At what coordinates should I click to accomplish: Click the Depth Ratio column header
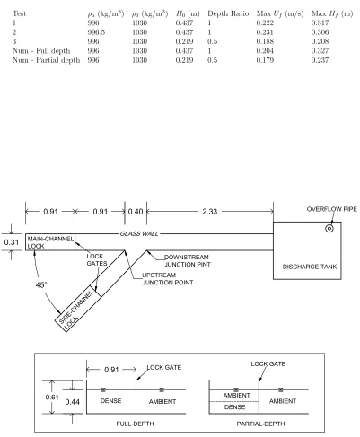pyautogui.click(x=228, y=13)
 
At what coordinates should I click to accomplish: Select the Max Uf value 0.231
pyautogui.click(x=265, y=32)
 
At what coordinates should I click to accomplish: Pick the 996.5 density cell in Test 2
pyautogui.click(x=96, y=32)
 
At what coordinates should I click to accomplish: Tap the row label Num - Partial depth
pyautogui.click(x=47, y=60)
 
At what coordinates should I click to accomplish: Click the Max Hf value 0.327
pyautogui.click(x=320, y=51)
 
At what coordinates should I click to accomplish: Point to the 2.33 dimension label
pyautogui.click(x=209, y=212)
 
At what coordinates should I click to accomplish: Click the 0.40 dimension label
pyautogui.click(x=136, y=212)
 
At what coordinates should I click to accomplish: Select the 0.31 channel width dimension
pyautogui.click(x=12, y=242)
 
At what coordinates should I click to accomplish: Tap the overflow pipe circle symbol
pyautogui.click(x=329, y=229)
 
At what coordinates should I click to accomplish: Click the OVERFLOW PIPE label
pyautogui.click(x=332, y=209)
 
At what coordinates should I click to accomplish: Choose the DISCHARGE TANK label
pyautogui.click(x=310, y=267)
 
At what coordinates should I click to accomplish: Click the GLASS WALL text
pyautogui.click(x=139, y=233)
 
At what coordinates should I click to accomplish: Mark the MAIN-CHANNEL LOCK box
pyautogui.click(x=50, y=242)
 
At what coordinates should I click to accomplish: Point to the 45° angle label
pyautogui.click(x=41, y=284)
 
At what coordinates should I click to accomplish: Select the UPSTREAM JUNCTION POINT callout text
pyautogui.click(x=168, y=279)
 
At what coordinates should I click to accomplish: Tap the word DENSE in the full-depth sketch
pyautogui.click(x=110, y=401)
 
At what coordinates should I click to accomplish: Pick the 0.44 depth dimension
pyautogui.click(x=73, y=402)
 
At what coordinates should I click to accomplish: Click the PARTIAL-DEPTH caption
pyautogui.click(x=260, y=424)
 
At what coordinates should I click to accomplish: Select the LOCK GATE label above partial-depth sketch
pyautogui.click(x=268, y=364)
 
